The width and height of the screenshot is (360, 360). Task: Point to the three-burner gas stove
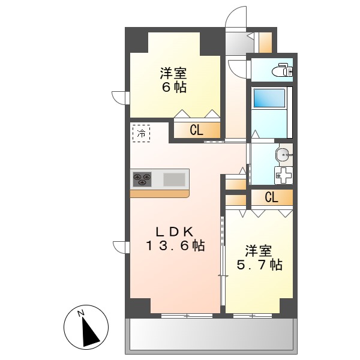coord(143,179)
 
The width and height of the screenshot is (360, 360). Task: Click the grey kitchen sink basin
coord(175,179)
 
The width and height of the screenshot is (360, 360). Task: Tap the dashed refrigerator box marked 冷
coord(142,133)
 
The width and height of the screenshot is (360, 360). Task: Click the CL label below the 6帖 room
coord(196,130)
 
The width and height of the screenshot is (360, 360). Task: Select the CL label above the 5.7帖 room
coord(271,197)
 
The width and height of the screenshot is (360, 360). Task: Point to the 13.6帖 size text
coord(174,245)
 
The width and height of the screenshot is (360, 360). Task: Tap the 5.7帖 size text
coord(259,265)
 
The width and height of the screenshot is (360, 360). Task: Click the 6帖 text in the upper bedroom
coord(173,88)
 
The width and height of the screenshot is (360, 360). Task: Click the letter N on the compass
coord(80,312)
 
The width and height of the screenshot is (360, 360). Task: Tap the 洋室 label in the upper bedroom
coord(173,74)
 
